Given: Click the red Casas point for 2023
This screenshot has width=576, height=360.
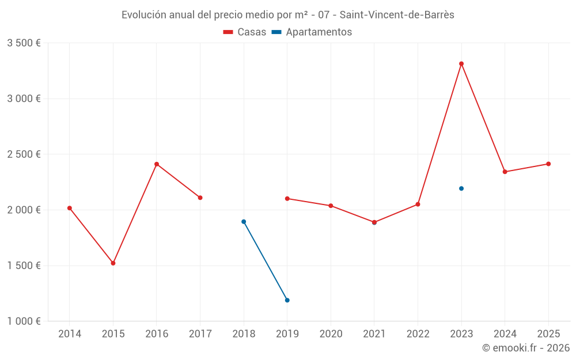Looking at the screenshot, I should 461,64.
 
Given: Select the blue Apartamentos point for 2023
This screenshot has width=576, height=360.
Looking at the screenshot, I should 461,188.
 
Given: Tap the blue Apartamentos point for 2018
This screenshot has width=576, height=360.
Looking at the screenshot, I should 244,222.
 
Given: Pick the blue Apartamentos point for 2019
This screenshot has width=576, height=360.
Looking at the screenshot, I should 287,300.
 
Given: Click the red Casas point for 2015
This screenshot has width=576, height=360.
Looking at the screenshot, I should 113,263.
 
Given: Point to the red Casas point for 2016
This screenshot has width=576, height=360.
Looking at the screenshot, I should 157,164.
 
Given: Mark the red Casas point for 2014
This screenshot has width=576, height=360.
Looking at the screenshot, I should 70,208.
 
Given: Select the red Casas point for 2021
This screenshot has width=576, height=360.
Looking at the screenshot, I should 374,222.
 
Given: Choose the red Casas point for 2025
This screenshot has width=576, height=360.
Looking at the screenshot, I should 548,164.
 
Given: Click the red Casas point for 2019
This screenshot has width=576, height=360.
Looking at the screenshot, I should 287,199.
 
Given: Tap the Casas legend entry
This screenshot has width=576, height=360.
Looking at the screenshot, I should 245,32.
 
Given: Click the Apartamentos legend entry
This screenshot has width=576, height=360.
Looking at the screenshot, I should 312,32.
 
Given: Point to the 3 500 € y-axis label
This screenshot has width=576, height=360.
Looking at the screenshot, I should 24,43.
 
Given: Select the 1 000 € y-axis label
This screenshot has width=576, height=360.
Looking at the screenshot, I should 24,321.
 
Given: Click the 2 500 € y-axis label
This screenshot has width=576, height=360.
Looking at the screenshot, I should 24,154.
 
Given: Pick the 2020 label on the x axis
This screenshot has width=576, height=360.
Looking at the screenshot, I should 331,334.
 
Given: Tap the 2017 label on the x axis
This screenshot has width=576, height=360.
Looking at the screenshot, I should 200,334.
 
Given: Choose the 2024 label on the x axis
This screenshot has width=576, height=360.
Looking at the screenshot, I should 505,334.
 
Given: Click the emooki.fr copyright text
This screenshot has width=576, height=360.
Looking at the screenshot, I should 526,348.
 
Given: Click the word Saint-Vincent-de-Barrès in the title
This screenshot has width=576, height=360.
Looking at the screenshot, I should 397,15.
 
